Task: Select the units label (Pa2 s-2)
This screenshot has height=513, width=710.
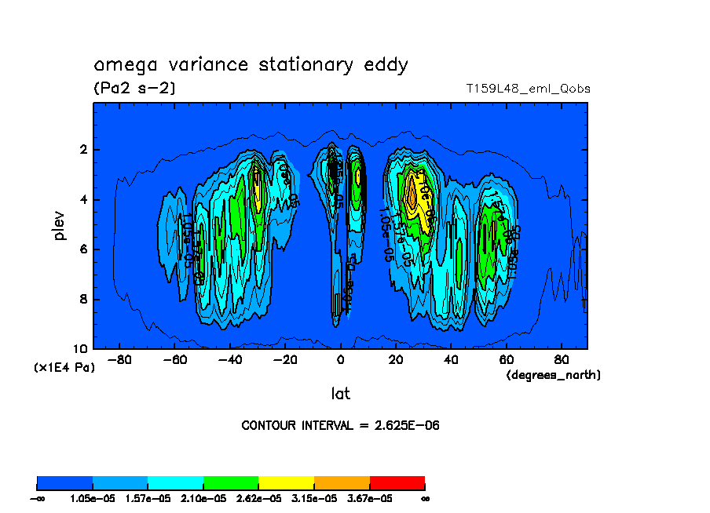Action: pos(134,89)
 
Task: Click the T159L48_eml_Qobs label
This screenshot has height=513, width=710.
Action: pos(528,89)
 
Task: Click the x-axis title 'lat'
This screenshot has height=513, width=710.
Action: pos(340,393)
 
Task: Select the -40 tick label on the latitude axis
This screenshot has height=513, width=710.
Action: pos(228,360)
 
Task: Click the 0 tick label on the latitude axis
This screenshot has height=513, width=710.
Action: pos(341,360)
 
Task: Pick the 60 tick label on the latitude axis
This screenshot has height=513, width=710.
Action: pos(507,360)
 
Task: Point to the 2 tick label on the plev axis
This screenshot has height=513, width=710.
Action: pos(84,150)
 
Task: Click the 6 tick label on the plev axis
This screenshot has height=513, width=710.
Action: pos(84,249)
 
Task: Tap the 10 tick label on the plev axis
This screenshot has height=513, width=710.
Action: pos(81,349)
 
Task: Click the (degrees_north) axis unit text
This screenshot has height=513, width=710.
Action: pos(554,375)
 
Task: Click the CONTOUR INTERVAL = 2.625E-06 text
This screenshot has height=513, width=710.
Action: pos(340,426)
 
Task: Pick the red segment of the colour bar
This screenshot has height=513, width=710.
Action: pos(397,482)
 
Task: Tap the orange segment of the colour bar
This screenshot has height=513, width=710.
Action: pos(342,482)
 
